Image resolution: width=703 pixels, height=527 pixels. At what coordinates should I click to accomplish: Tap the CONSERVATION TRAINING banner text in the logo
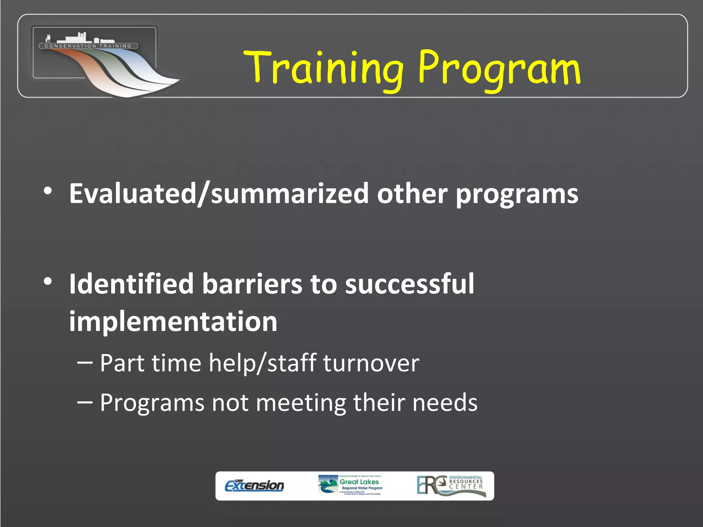coord(88,46)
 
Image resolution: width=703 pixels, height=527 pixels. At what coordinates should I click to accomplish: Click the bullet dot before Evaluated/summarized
coord(48,191)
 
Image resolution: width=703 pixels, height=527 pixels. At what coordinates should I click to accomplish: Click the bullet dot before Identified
coord(48,282)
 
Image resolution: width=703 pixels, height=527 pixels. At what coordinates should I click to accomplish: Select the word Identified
coord(131,284)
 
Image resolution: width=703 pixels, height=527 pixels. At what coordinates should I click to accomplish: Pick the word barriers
coord(252,284)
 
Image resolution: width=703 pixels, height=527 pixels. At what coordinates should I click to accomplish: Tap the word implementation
coord(173,322)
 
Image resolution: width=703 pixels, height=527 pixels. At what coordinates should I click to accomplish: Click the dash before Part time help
coord(85,363)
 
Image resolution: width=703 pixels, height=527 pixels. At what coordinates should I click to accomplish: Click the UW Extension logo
coord(254,485)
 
